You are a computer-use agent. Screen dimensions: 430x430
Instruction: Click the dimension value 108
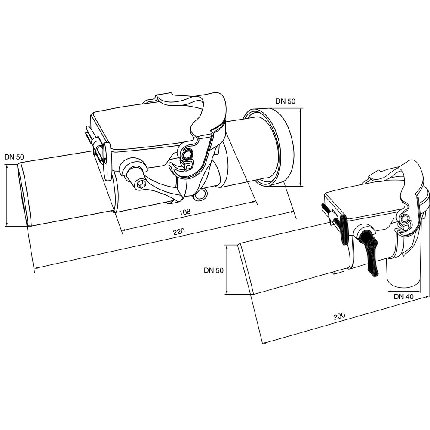point(184,212)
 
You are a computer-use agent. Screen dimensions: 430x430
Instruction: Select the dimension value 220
point(179,232)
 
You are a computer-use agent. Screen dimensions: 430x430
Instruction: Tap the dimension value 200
point(339,316)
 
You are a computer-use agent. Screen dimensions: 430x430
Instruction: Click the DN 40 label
point(403,296)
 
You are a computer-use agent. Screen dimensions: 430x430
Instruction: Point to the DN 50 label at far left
point(14,157)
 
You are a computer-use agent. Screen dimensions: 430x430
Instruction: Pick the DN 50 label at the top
point(286,101)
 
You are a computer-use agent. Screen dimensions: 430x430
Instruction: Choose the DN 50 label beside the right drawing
point(214,270)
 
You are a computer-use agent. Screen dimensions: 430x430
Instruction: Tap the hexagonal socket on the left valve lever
point(141,184)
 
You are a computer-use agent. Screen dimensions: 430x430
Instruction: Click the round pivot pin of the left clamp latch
point(188,154)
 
